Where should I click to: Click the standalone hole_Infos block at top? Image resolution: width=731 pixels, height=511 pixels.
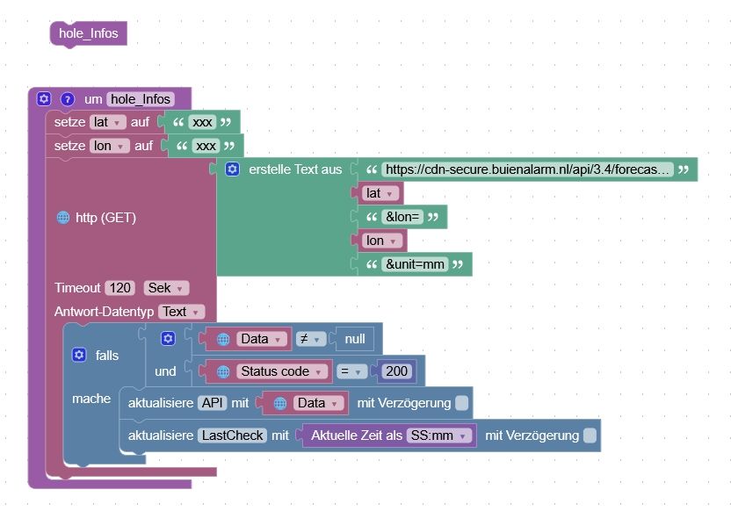pos(89,34)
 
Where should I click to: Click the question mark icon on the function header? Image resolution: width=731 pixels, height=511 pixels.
pos(68,99)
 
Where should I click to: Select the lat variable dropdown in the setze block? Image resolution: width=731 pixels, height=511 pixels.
pos(108,122)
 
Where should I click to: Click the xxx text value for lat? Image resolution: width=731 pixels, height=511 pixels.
pos(202,122)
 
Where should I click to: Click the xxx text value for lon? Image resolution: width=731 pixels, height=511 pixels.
pos(206,146)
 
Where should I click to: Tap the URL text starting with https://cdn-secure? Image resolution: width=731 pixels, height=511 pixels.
pos(528,169)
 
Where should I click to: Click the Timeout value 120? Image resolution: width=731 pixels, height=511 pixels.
pos(119,288)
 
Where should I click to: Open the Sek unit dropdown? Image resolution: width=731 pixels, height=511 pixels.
pos(166,288)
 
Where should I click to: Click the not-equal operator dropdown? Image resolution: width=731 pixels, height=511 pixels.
pos(310,339)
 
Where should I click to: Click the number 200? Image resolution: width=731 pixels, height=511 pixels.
pos(397,371)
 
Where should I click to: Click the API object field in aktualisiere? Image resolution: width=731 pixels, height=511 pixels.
pos(212,403)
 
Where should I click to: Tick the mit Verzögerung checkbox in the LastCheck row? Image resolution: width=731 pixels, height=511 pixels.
pos(590,435)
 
